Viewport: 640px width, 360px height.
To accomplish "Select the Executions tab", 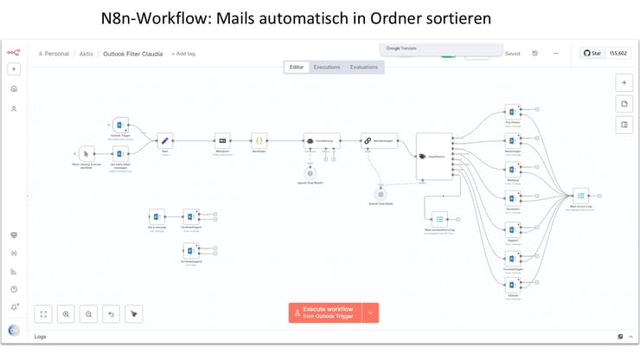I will tap(326, 67).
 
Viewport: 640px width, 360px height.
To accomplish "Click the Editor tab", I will tap(297, 67).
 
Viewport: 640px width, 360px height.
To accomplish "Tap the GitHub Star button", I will tap(592, 53).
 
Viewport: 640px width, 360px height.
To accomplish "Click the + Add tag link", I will tap(183, 54).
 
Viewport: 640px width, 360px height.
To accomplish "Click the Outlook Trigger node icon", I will tap(121, 125).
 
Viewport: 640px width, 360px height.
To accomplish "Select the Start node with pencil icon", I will tap(164, 139).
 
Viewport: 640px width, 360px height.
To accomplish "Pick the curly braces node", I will tap(258, 140).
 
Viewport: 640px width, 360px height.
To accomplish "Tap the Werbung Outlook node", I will tap(513, 170).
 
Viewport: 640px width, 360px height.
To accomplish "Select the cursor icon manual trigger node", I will tap(86, 154).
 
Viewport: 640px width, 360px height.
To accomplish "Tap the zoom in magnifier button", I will tap(66, 313).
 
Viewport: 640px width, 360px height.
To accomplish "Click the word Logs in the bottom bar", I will tap(40, 336).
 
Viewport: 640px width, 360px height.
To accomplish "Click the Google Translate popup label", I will tap(401, 48).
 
